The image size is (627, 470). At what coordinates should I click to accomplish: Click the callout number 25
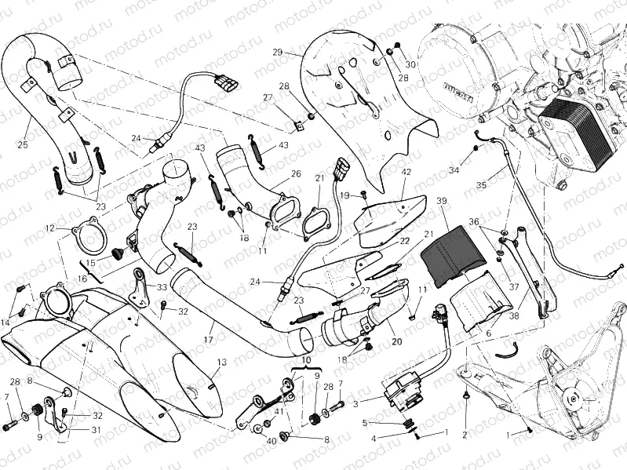coord(22,144)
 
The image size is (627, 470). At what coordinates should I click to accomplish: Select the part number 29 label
coord(277,52)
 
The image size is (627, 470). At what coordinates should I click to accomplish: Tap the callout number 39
coord(443,202)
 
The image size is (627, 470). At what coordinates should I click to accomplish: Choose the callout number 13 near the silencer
coord(221,362)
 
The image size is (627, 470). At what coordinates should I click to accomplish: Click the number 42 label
coord(406,171)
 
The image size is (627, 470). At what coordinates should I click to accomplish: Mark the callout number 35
coord(481,185)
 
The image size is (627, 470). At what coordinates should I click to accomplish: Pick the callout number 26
coord(295,173)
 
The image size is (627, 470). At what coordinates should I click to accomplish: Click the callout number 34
coord(454,170)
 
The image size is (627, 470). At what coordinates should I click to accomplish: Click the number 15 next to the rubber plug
coord(91,263)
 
